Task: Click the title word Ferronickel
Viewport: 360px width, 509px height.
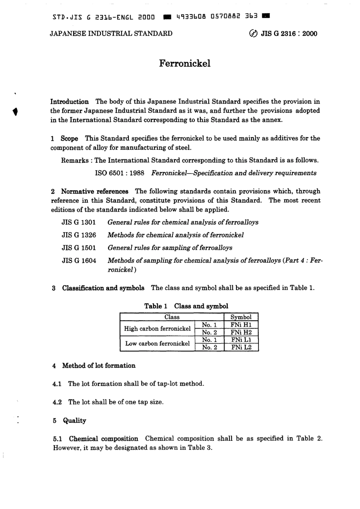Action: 185,63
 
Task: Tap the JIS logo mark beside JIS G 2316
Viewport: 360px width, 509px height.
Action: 253,34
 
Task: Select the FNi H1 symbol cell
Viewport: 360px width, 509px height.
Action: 241,325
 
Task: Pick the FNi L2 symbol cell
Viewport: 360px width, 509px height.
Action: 241,347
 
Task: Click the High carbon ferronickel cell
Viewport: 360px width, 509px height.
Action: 157,329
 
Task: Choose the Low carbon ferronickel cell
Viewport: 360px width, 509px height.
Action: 157,343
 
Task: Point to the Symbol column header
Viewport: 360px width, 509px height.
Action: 241,317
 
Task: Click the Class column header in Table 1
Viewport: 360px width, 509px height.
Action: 172,317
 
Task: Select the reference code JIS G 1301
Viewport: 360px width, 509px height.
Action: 79,222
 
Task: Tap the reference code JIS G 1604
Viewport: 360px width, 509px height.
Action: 79,261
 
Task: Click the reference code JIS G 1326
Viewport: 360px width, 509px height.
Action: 79,235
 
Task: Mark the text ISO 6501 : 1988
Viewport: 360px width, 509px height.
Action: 119,173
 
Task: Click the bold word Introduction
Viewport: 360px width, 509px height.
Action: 70,101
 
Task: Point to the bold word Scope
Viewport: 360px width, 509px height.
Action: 69,139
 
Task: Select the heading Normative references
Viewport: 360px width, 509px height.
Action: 95,192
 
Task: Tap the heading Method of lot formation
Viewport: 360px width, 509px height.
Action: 99,366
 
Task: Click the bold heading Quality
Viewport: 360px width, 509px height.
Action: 75,421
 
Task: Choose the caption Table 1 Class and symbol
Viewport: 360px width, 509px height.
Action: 186,306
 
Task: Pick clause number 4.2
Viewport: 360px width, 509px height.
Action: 57,402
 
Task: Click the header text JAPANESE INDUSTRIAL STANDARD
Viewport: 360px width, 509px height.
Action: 111,34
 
